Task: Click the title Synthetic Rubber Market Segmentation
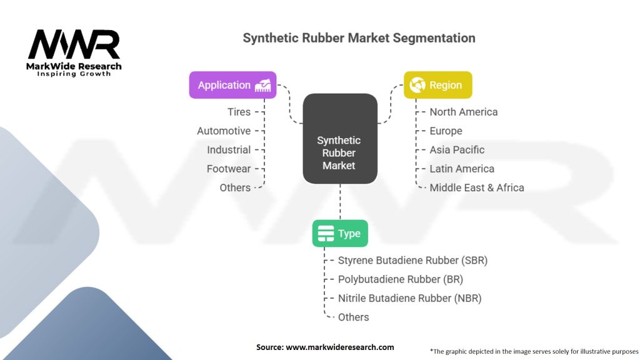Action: (x=359, y=38)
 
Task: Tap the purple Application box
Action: (x=233, y=85)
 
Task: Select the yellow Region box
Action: (x=437, y=85)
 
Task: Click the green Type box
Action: (x=340, y=234)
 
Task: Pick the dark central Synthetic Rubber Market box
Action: (x=339, y=139)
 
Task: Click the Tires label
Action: (x=239, y=112)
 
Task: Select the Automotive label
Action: (x=224, y=131)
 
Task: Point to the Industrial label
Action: (x=229, y=150)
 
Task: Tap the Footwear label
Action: (x=229, y=169)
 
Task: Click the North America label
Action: (x=464, y=112)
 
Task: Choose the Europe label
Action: (x=446, y=131)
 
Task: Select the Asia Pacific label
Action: (x=457, y=150)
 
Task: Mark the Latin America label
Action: (x=462, y=169)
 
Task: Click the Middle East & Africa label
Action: (x=477, y=187)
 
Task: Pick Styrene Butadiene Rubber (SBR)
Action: (x=412, y=261)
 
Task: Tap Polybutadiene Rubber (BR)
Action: (x=401, y=279)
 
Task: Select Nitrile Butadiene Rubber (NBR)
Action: (x=409, y=298)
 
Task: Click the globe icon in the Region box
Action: (x=417, y=85)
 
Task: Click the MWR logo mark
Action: (x=74, y=45)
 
